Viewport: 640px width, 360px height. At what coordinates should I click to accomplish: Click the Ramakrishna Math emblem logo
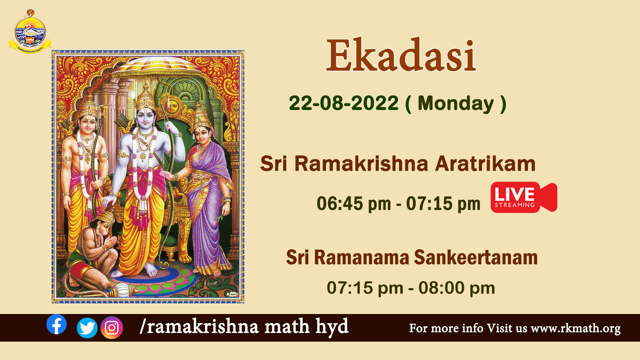[30, 32]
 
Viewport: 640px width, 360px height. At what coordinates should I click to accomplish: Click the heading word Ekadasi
[401, 55]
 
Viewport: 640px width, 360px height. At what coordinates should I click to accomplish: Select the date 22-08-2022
[344, 103]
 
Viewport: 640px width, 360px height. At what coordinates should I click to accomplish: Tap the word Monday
[456, 104]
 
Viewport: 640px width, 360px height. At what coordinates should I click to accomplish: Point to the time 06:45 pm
[354, 204]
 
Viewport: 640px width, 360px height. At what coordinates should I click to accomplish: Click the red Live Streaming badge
[524, 197]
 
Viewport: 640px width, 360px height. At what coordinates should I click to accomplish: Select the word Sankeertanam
[476, 258]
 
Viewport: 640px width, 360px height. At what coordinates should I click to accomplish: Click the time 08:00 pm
[457, 288]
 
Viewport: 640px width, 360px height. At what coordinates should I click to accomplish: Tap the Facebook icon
[56, 324]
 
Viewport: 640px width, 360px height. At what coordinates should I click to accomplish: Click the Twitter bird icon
[87, 328]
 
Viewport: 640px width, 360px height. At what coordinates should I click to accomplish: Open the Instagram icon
[112, 328]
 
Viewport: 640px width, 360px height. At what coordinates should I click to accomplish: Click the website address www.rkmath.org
[576, 328]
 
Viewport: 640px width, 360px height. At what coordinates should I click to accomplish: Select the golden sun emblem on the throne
[172, 104]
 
